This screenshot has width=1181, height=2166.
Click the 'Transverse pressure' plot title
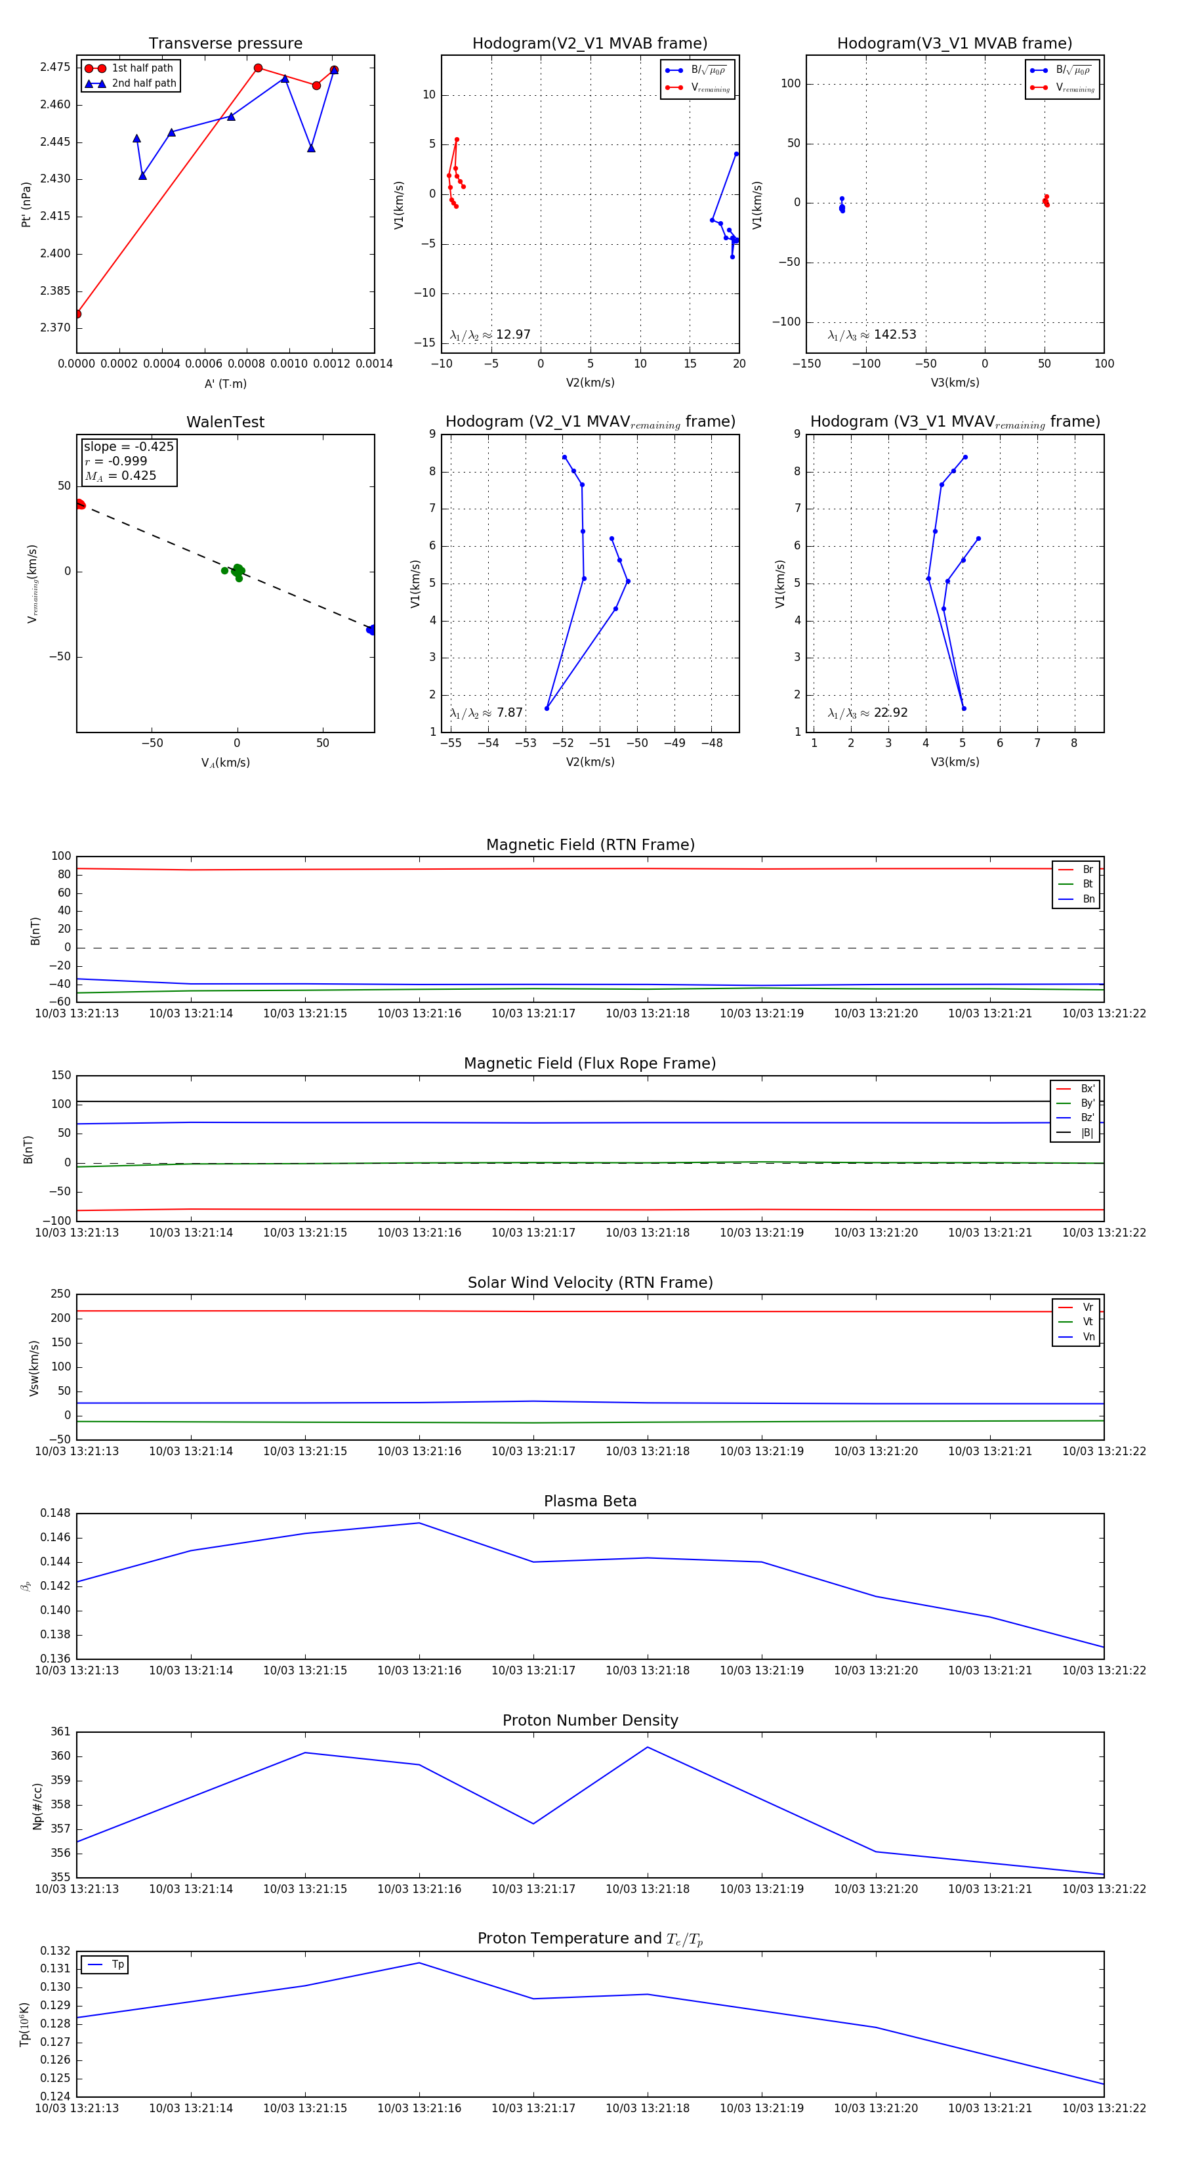click(x=225, y=44)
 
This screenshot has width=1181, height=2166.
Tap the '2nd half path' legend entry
click(x=144, y=83)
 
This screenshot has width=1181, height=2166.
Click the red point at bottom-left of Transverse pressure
click(x=77, y=314)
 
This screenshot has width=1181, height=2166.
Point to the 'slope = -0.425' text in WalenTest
click(x=129, y=446)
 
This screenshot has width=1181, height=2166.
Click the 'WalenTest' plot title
click(x=225, y=422)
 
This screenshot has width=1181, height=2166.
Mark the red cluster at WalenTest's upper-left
click(x=80, y=505)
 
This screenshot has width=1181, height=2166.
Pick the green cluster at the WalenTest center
click(x=238, y=571)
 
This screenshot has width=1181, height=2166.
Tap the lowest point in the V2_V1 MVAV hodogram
click(x=547, y=708)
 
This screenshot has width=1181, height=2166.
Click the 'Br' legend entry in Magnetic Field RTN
click(x=1087, y=870)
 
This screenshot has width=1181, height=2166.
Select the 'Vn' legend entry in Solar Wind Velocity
click(x=1088, y=1337)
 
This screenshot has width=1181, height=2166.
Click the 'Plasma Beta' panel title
click(x=590, y=1502)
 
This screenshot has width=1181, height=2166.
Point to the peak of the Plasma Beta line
click(x=419, y=1523)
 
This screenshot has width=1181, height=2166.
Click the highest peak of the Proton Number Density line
click(x=647, y=1747)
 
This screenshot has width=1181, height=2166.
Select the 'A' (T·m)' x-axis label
click(x=225, y=383)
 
